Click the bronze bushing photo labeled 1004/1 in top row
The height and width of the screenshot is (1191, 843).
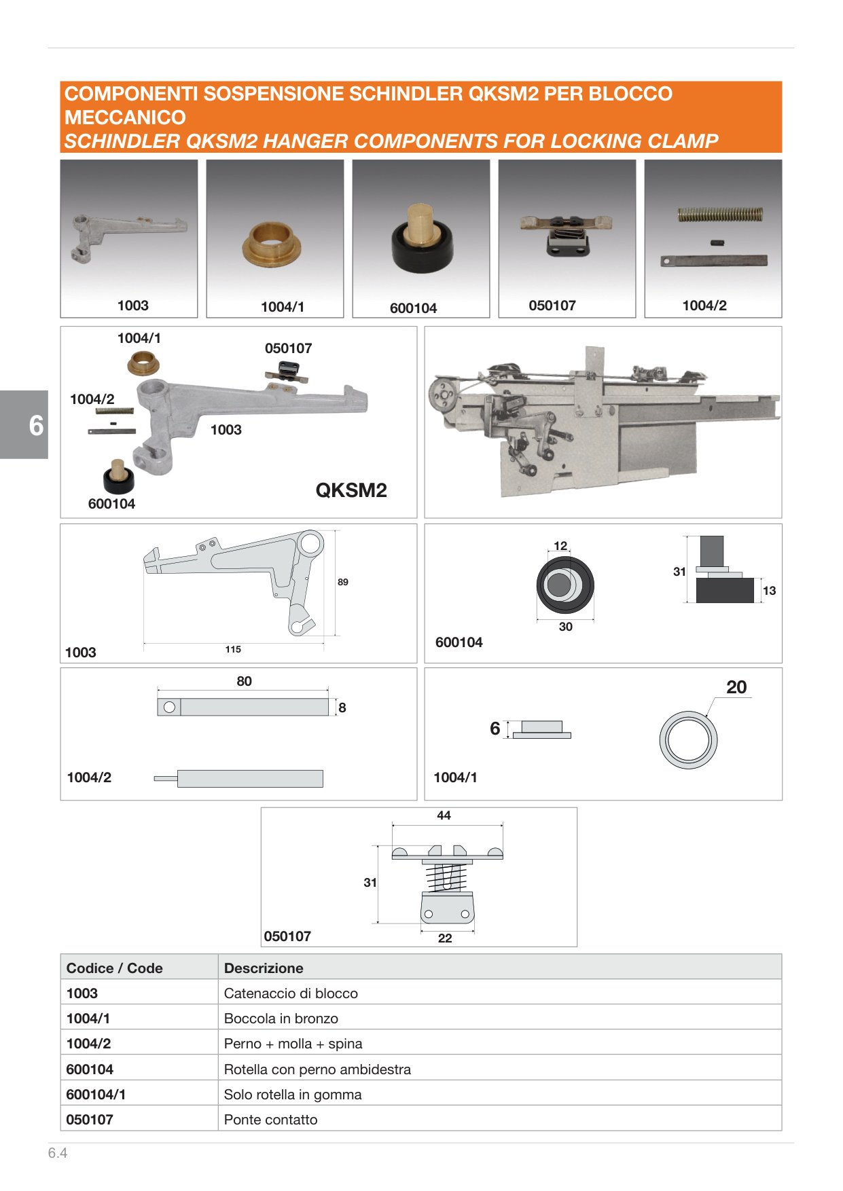point(272,244)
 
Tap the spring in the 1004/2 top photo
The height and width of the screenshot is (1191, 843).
point(720,215)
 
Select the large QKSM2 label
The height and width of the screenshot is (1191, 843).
point(351,490)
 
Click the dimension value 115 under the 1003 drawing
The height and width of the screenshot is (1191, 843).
point(233,649)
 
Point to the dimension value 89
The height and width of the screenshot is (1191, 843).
point(343,582)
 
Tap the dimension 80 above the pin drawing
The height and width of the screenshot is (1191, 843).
point(244,681)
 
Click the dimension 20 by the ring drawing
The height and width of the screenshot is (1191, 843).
point(736,687)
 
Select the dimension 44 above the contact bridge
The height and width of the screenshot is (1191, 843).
point(444,816)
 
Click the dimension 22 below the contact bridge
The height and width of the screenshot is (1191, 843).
point(445,938)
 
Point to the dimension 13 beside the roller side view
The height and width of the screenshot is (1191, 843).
point(769,591)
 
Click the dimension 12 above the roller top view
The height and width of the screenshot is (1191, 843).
point(560,546)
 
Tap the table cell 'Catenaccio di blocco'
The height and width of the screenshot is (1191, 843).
point(291,993)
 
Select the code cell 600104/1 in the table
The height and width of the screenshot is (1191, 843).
point(96,1095)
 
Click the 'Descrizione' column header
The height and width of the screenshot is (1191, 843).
point(264,968)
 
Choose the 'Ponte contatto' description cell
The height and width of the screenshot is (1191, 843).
point(270,1120)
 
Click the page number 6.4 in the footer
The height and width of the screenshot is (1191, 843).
point(58,1153)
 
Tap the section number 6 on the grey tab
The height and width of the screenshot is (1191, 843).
point(36,425)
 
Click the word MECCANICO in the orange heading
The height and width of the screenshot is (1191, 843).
point(125,117)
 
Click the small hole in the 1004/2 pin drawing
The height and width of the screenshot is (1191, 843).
point(169,707)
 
